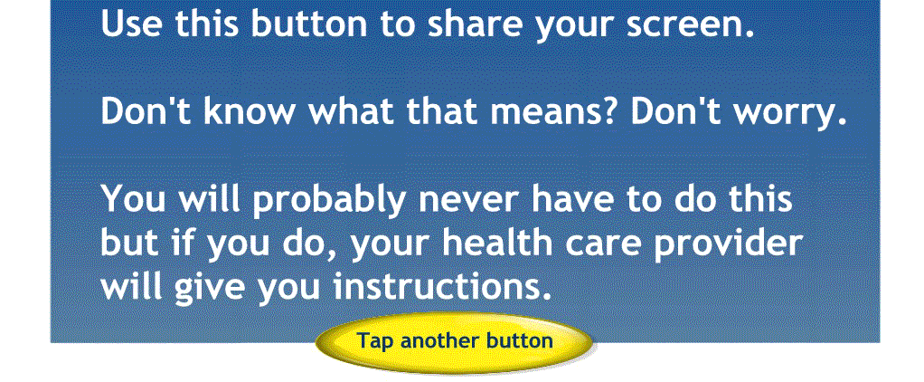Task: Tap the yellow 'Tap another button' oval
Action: click(x=454, y=341)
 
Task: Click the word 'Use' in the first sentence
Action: click(x=131, y=24)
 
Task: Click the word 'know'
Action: click(x=248, y=111)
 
